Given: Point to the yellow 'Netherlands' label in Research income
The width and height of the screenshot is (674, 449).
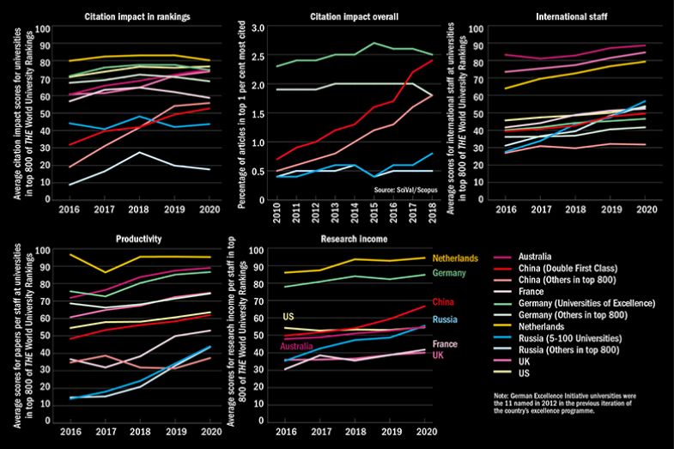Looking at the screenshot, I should click(456, 258).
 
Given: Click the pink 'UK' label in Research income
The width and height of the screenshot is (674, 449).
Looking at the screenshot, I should click(439, 355).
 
